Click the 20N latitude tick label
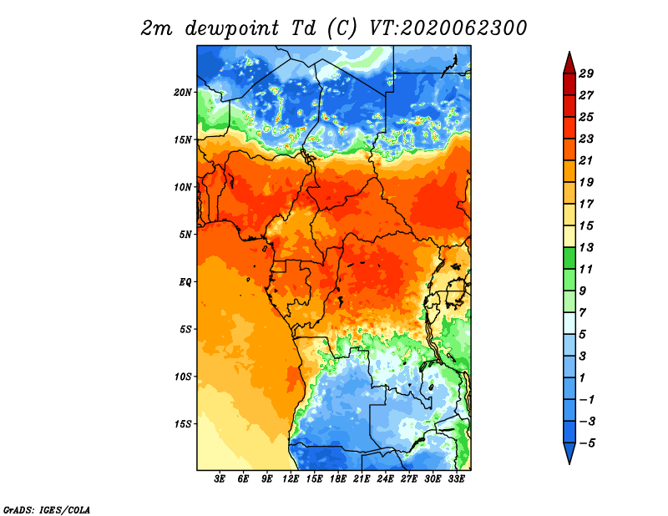point(183,93)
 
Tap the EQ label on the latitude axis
point(185,282)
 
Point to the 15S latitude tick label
point(183,424)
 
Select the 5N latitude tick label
point(185,235)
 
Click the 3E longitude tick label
point(220,479)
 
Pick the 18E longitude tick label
point(338,479)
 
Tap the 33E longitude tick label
point(456,479)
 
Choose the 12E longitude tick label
point(291,479)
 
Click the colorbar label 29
point(586,73)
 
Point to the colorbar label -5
point(587,443)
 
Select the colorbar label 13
point(586,247)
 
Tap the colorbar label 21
point(586,160)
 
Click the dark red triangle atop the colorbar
point(569,64)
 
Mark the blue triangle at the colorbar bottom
point(569,452)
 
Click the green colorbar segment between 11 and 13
point(569,258)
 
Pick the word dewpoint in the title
point(232,29)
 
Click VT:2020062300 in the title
point(448,28)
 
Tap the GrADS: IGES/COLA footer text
point(47,509)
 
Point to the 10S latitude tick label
point(183,377)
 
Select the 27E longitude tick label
point(409,479)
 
